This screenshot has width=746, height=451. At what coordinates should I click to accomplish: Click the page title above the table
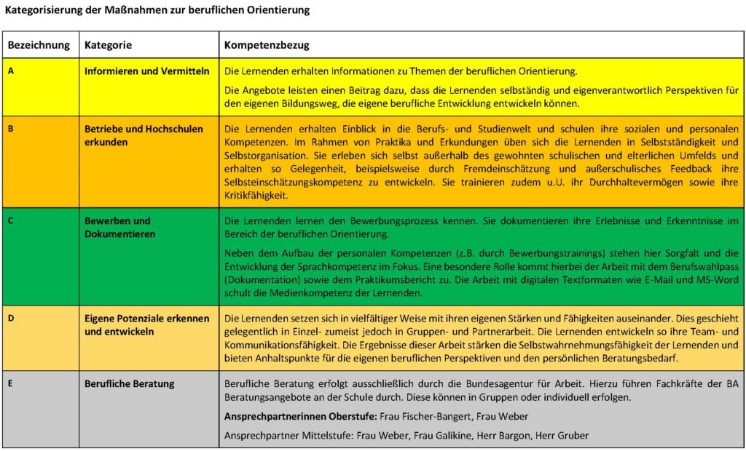point(157,10)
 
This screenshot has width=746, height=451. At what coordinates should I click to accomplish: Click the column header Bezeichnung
point(39,45)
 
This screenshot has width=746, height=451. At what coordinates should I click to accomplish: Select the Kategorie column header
point(108,45)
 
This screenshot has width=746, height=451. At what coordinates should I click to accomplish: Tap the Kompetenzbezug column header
point(267,45)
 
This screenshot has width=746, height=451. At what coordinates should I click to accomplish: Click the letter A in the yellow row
point(10,71)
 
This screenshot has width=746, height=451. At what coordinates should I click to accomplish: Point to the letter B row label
point(10,129)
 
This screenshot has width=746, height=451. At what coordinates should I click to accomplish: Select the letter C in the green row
point(10,220)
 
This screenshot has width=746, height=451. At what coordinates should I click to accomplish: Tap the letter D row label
point(10,319)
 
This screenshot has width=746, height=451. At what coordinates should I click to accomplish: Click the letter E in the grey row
point(10,383)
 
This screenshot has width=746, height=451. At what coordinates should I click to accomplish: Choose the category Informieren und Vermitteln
point(146,71)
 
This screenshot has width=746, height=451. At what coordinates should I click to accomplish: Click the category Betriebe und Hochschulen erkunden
point(144,135)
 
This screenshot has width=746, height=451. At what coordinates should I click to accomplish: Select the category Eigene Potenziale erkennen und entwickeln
point(146,325)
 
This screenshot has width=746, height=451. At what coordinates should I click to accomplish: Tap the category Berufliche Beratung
point(129,383)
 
